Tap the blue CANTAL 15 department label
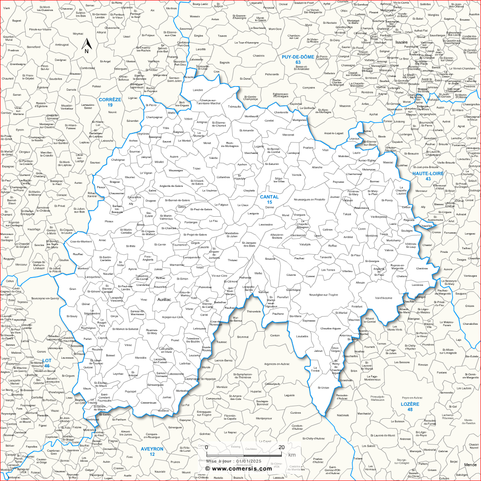[269, 199]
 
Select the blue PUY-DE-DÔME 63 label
[298, 59]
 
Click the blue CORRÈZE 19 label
[110, 102]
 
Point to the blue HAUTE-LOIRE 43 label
[428, 176]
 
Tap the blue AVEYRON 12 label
[152, 451]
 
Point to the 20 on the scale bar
[281, 447]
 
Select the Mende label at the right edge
[470, 465]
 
